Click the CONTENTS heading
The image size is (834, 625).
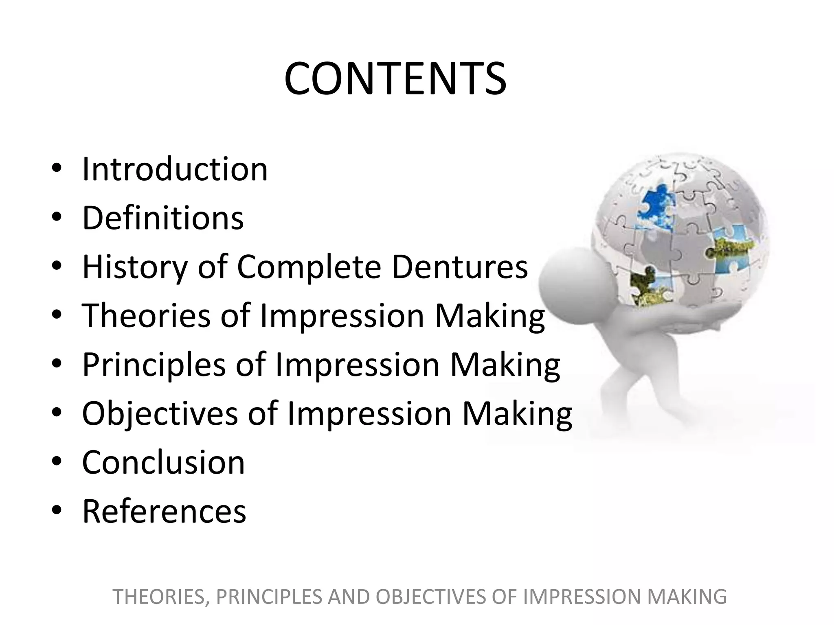pyautogui.click(x=395, y=79)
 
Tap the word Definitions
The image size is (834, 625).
pyautogui.click(x=163, y=218)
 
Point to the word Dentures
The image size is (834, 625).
pyautogui.click(x=460, y=267)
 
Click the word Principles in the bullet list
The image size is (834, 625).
pyautogui.click(x=154, y=364)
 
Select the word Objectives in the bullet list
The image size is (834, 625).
pyautogui.click(x=160, y=414)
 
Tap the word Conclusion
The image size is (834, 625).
pyautogui.click(x=163, y=462)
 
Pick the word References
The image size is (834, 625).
pyautogui.click(x=164, y=511)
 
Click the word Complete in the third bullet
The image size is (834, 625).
pyautogui.click(x=309, y=267)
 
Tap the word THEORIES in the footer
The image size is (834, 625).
pyautogui.click(x=161, y=597)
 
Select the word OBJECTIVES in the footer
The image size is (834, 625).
pyautogui.click(x=431, y=597)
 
